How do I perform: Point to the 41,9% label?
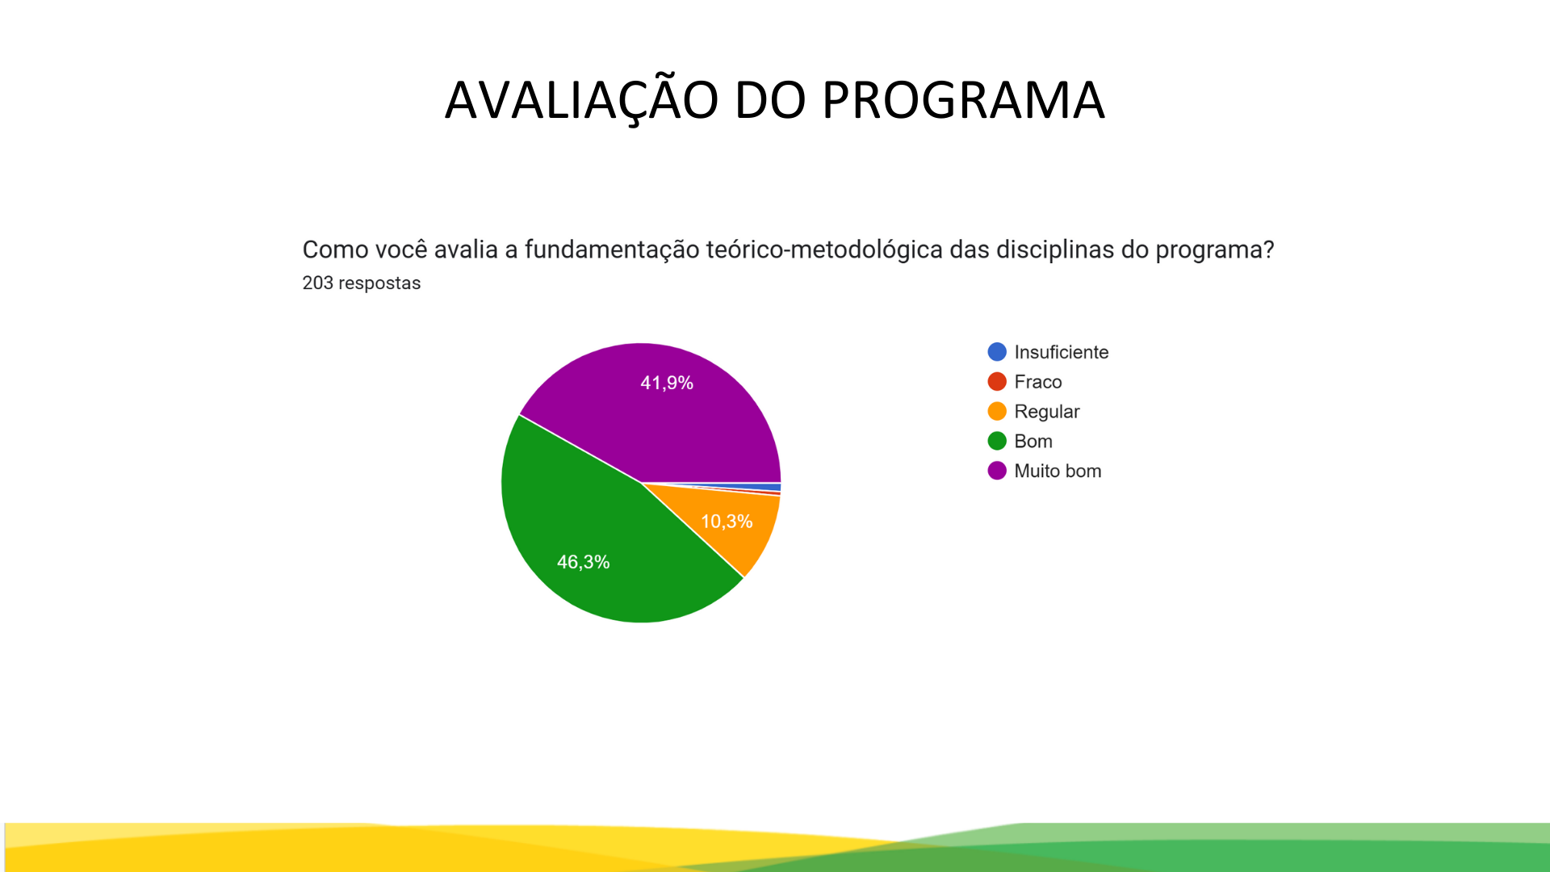click(x=667, y=383)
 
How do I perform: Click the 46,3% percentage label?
click(x=583, y=562)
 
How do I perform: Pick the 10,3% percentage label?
click(x=727, y=522)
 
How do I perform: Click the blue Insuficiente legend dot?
click(x=997, y=352)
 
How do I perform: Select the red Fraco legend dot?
click(x=997, y=382)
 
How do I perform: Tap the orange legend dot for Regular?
click(x=997, y=412)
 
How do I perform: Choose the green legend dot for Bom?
click(x=997, y=441)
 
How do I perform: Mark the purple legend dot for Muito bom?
click(x=997, y=471)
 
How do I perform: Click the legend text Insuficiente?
click(x=1062, y=352)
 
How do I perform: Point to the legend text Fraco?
click(x=1038, y=382)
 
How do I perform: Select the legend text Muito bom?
click(x=1058, y=471)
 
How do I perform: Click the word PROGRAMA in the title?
click(x=963, y=101)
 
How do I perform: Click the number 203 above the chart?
click(x=318, y=283)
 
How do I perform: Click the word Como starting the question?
click(x=325, y=249)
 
